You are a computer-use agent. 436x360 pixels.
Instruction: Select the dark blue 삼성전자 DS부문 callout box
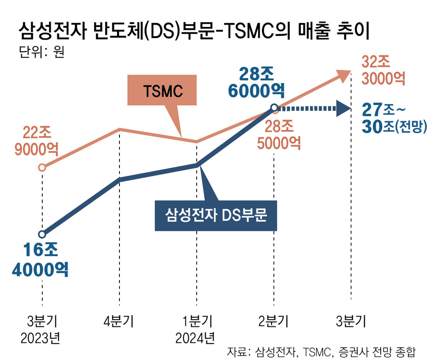216,215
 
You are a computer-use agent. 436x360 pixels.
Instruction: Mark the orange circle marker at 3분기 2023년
42,167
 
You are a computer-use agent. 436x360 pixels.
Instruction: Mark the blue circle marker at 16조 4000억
42,234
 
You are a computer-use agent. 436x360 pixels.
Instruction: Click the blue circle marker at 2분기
274,107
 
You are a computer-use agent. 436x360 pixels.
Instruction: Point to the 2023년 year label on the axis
41,338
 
